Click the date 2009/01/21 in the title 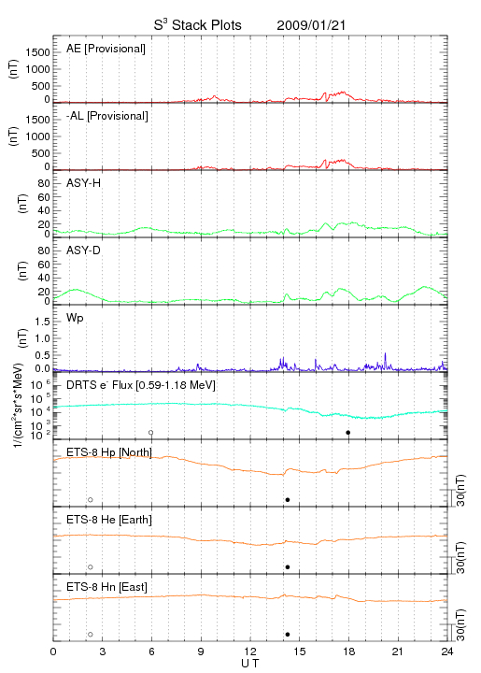click(x=311, y=25)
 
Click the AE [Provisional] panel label click(x=106, y=49)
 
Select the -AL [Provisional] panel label click(x=107, y=116)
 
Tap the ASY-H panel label click(x=83, y=183)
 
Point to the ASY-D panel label click(x=83, y=251)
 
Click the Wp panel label click(x=75, y=318)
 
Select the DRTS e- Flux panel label click(x=141, y=385)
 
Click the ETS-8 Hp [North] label click(x=109, y=452)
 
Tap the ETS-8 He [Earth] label click(x=109, y=520)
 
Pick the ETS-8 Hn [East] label click(x=106, y=587)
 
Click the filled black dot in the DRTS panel click(x=348, y=432)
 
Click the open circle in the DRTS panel click(x=151, y=432)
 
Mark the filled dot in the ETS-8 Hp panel click(x=288, y=499)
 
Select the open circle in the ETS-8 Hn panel click(x=91, y=634)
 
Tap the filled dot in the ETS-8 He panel click(x=288, y=567)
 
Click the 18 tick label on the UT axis click(x=349, y=652)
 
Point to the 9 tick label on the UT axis click(x=201, y=652)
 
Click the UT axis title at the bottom click(x=250, y=664)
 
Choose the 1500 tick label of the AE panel click(x=37, y=52)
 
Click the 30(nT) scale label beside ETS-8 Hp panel click(x=460, y=491)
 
